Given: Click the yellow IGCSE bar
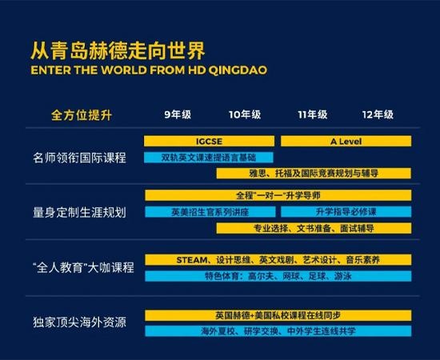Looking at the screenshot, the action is (x=209, y=141).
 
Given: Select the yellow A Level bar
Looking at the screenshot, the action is (x=346, y=141).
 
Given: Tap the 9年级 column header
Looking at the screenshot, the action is (x=178, y=114).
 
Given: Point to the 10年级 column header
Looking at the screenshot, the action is (x=245, y=114).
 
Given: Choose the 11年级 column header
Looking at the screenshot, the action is (x=313, y=114).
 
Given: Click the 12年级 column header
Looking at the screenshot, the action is (x=378, y=114).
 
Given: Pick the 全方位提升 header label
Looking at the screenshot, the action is (x=82, y=115).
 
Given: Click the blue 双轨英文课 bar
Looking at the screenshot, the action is (x=209, y=158).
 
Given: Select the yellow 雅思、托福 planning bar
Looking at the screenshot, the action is (x=314, y=174).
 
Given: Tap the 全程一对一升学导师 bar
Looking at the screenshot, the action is (x=278, y=195).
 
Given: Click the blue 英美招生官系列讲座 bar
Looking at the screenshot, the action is (x=210, y=212).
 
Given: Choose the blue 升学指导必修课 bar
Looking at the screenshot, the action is (x=346, y=212).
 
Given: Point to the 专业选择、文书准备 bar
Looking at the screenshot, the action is (x=314, y=228).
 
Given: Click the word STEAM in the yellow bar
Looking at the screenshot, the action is (x=192, y=260).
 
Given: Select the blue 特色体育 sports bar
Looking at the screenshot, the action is (x=278, y=276).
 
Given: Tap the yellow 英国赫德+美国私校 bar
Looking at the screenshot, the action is (x=278, y=315).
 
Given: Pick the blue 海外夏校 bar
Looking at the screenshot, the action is (x=278, y=331).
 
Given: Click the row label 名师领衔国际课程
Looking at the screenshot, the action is (x=79, y=158).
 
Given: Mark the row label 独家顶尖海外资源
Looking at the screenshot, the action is (x=79, y=322).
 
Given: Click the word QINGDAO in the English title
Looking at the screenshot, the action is (x=238, y=70).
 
